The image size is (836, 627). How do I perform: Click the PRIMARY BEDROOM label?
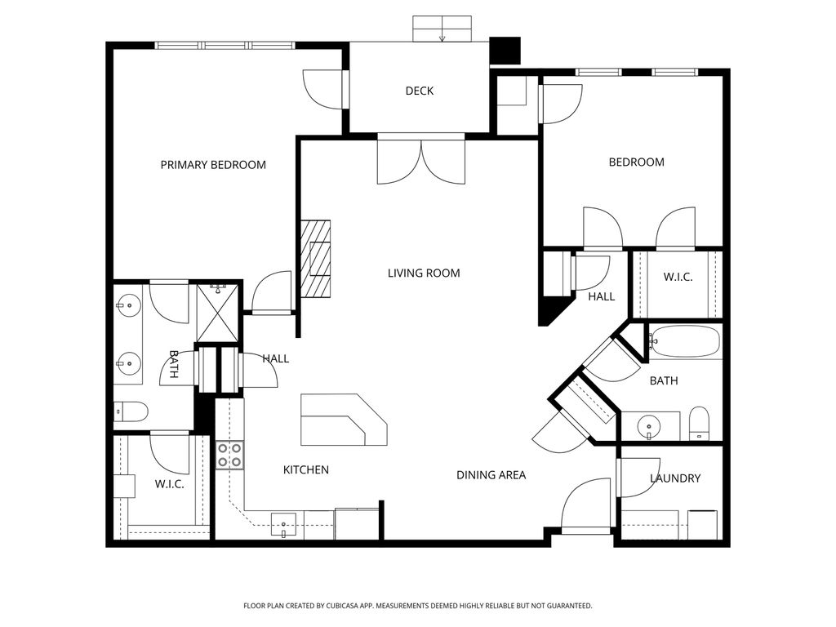point(213,165)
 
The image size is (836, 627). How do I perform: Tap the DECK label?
point(420,91)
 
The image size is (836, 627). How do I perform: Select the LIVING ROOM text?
point(424,273)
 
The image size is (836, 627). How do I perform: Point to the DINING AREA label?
point(491,475)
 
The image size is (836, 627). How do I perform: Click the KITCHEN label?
point(306,470)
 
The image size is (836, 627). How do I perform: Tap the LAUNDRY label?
point(675,478)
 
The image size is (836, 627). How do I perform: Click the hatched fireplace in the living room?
point(316,259)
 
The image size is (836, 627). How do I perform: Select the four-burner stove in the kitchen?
point(229,455)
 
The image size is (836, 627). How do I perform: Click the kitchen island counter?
point(344,420)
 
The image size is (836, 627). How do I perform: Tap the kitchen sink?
point(283,525)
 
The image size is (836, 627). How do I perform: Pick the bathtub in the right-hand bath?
point(685,342)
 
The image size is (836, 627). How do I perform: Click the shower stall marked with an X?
point(217,313)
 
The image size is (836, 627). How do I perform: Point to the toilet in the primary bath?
point(131,411)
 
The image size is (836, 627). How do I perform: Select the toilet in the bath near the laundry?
point(699,424)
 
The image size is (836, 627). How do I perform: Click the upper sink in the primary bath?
point(128,307)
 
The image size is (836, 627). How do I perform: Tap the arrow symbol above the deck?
point(442,36)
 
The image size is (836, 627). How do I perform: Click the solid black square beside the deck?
point(505,51)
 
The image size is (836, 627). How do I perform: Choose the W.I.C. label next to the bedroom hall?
point(678,278)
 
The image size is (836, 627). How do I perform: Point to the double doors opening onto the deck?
point(421,159)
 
